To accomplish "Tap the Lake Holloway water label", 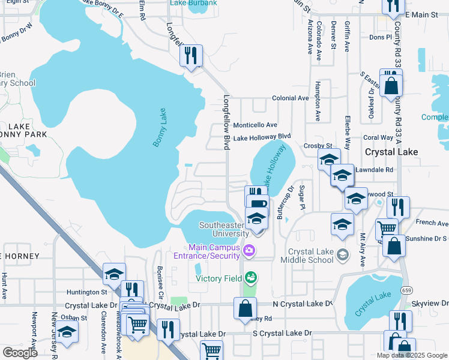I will (276, 169).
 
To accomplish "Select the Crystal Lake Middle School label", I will (310, 256).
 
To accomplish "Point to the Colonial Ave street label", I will (291, 98).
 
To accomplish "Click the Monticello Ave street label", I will (255, 125).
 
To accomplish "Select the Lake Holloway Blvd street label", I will (262, 137).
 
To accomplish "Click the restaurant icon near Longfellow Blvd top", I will (191, 56).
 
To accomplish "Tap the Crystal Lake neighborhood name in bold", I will (391, 152).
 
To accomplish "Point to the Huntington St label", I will (87, 292).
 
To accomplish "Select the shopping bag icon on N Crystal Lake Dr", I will (246, 308).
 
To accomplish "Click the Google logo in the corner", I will (20, 353).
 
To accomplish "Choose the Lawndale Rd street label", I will (375, 170).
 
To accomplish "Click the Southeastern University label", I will (223, 229).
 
